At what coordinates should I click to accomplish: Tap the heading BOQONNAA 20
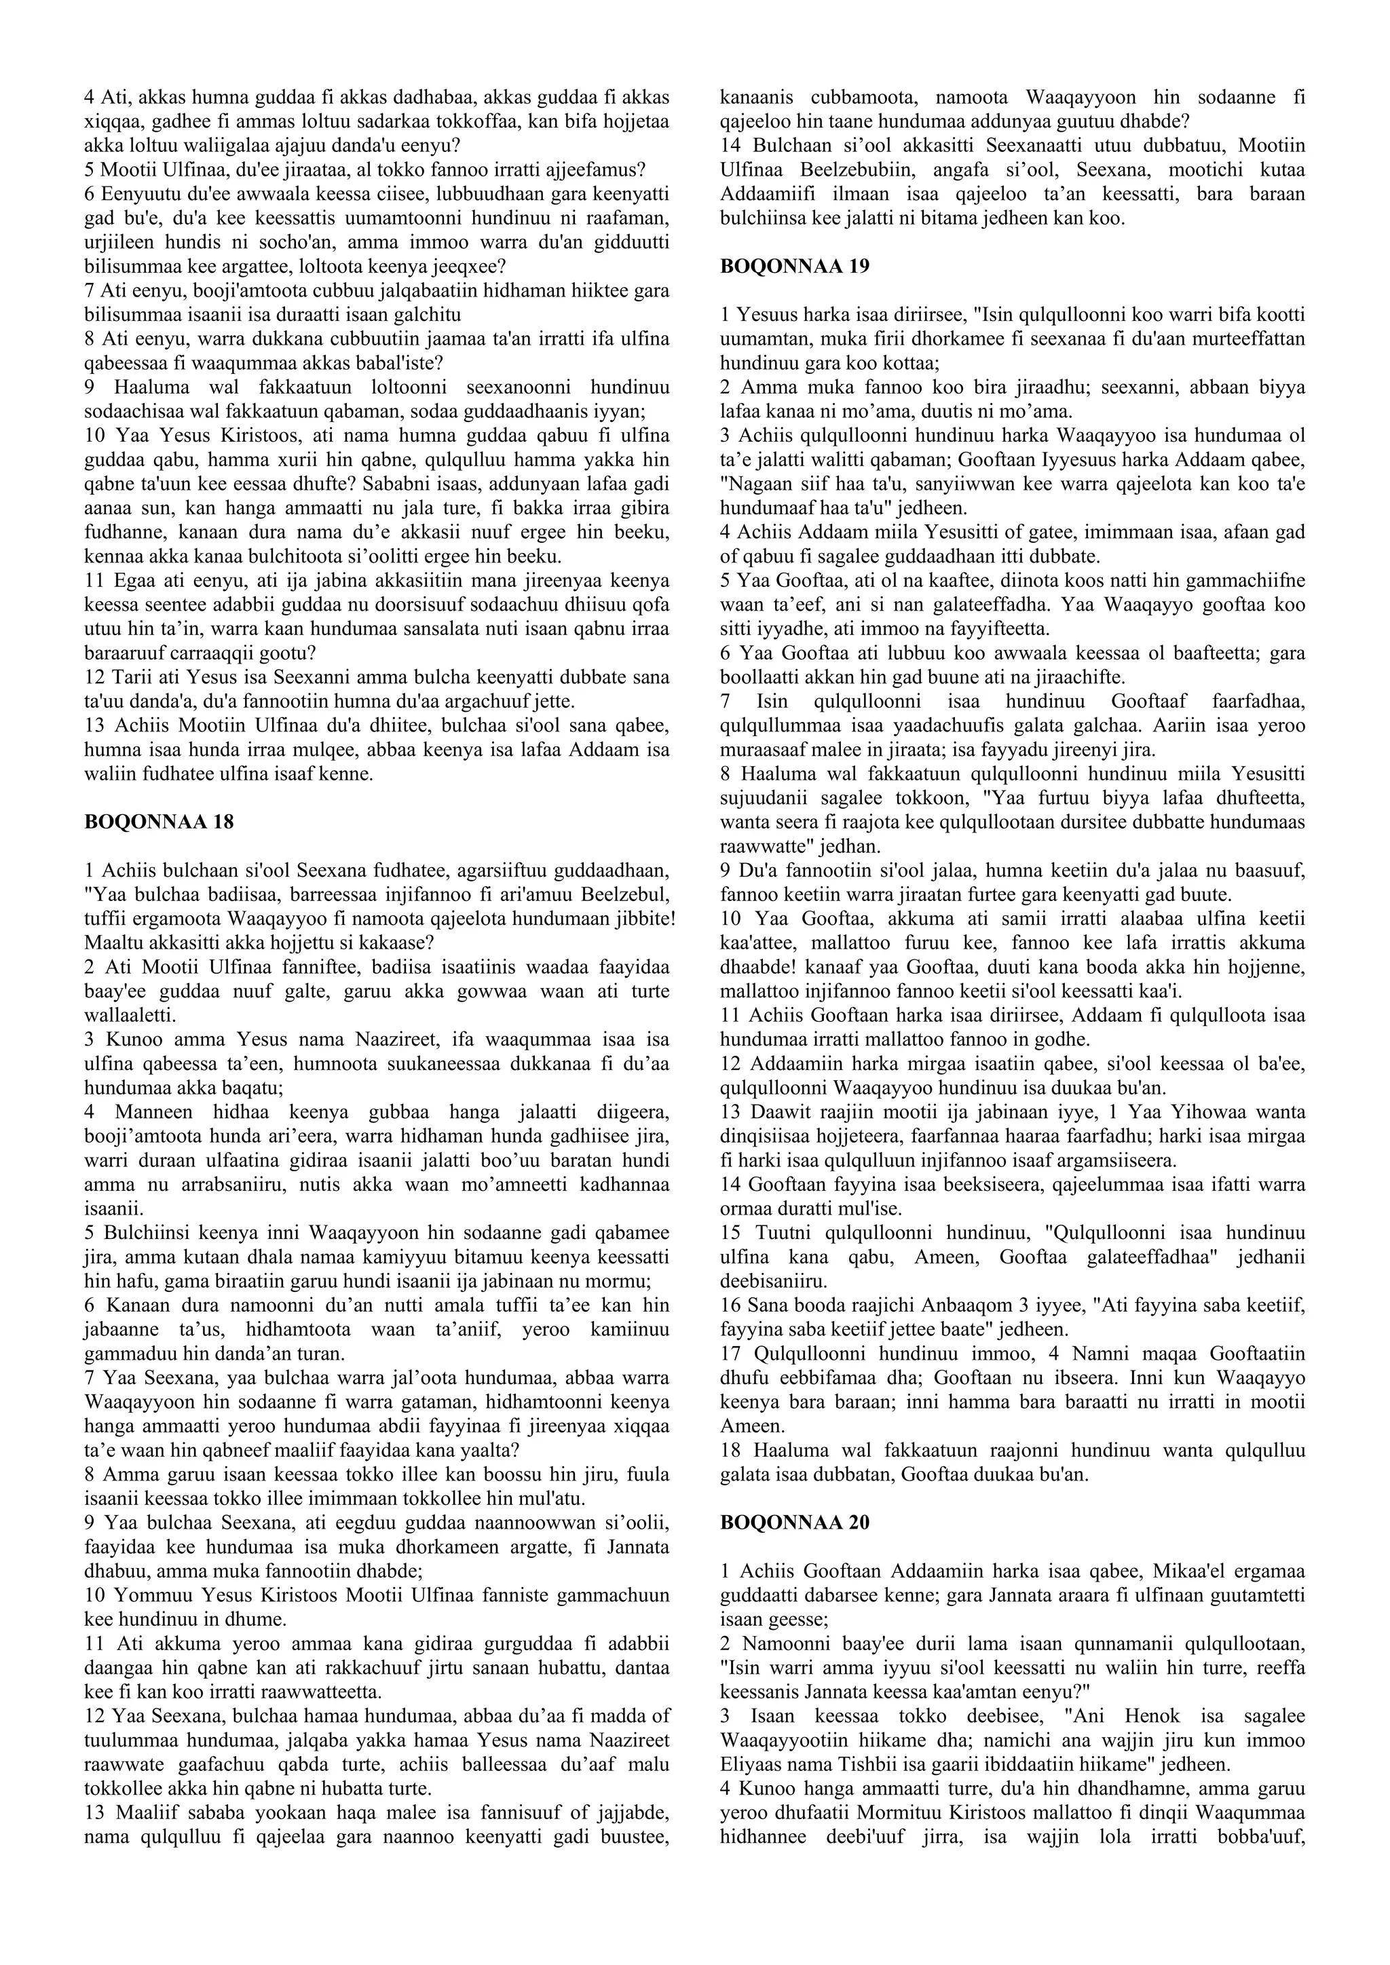tap(795, 1522)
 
